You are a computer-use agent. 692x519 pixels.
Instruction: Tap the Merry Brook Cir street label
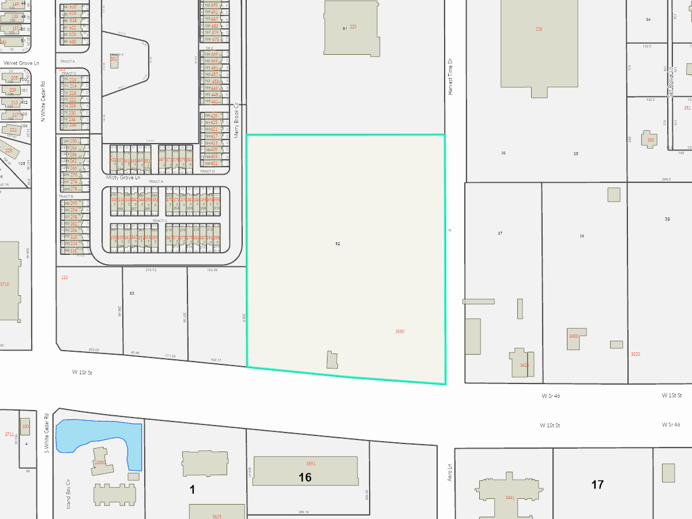236,120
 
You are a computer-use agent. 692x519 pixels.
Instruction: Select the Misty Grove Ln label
123,178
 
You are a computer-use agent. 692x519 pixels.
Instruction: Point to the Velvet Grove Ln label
21,63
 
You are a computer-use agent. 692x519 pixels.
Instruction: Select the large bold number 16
305,477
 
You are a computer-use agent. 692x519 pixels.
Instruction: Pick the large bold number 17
597,484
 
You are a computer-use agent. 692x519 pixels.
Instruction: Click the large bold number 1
193,490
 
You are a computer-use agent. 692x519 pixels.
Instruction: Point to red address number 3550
400,332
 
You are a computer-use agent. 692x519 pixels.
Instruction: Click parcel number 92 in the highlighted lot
338,244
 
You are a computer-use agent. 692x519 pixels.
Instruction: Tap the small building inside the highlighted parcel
332,360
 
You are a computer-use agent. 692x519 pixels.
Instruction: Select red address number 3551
311,464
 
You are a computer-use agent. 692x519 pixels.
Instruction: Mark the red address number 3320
635,354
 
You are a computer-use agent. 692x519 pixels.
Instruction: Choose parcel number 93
132,294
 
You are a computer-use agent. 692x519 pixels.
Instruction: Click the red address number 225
539,29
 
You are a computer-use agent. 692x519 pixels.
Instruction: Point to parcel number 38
582,236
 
